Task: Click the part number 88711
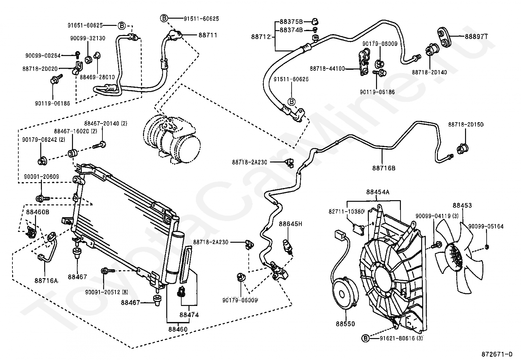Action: (x=208, y=35)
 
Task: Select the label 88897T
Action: (x=476, y=37)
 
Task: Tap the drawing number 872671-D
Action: (x=497, y=354)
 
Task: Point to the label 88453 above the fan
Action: (x=462, y=205)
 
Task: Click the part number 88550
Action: (x=345, y=324)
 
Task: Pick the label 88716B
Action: (x=384, y=168)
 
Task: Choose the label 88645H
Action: (x=291, y=224)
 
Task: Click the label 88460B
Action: (x=38, y=212)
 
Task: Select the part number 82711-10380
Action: (x=346, y=211)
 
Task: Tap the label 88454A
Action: (x=378, y=192)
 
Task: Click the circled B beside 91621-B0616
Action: (x=366, y=338)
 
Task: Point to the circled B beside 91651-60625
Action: (x=122, y=25)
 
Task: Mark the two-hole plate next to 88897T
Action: (x=444, y=37)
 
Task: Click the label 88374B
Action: (x=291, y=30)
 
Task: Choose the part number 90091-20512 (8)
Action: (x=107, y=292)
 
